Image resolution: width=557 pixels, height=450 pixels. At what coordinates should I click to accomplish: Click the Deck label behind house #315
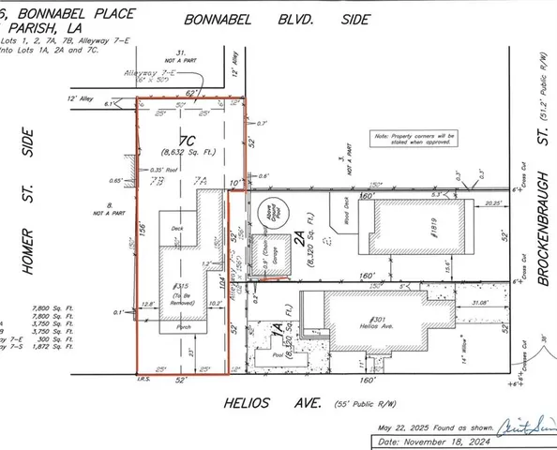coord(176,228)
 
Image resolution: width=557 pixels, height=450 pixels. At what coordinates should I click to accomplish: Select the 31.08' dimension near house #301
coord(476,301)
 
